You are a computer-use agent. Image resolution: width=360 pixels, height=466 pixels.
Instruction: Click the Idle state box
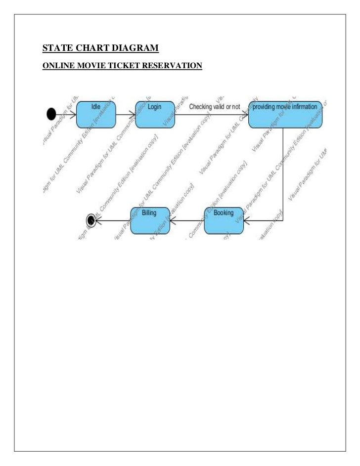[95, 114]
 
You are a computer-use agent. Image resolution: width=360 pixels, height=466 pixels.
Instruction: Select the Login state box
[155, 114]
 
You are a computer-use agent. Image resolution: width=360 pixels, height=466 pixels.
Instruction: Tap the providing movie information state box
[285, 115]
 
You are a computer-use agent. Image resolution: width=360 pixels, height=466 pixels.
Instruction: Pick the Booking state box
[224, 220]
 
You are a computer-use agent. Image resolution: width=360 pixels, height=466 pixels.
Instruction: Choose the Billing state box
[149, 220]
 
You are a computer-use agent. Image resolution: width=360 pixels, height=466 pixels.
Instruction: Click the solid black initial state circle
[51, 115]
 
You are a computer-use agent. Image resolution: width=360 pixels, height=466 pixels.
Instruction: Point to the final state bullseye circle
[90, 220]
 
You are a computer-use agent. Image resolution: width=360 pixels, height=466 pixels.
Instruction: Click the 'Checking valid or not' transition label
[215, 107]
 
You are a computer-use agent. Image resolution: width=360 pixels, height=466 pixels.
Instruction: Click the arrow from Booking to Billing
[186, 220]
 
